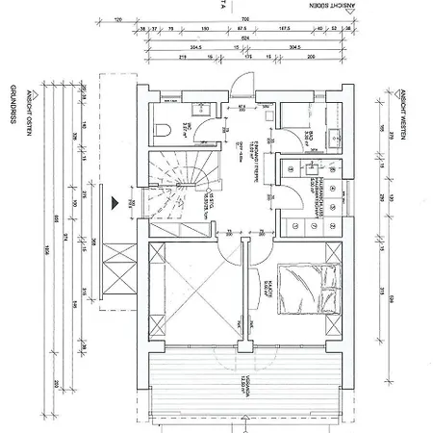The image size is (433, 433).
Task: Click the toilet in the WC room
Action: coord(166,128)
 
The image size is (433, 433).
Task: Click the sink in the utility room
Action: coord(314,167)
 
